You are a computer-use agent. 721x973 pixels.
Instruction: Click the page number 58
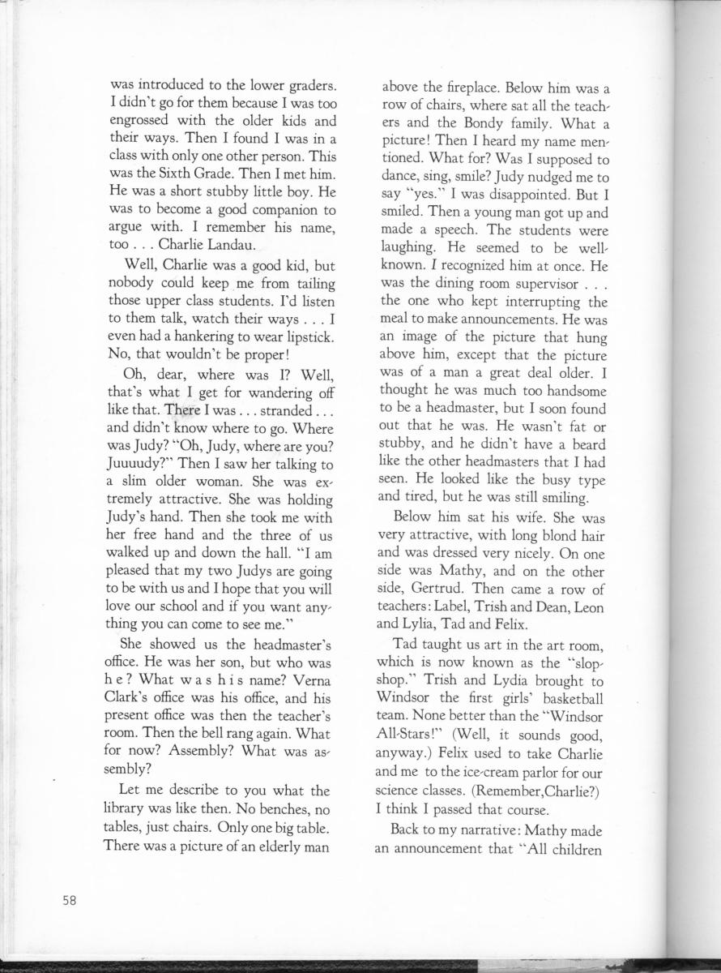(69, 901)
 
